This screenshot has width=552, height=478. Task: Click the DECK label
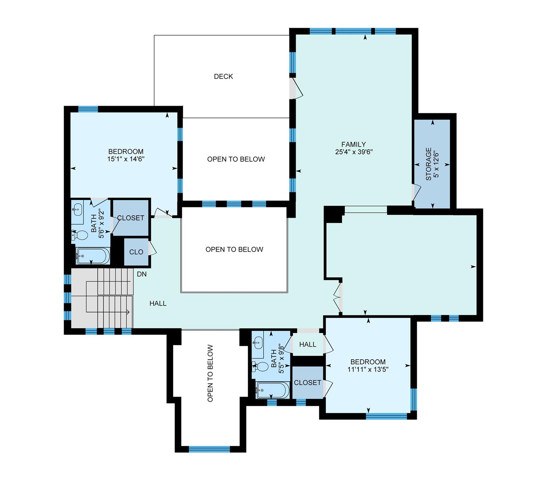pos(223,77)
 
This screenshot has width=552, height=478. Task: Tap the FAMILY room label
pos(353,144)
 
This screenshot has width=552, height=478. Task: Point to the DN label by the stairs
pos(142,274)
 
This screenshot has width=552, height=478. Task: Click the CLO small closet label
pos(136,252)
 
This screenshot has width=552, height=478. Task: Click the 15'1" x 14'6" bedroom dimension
pos(126,159)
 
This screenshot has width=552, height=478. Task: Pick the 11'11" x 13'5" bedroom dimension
pos(368,370)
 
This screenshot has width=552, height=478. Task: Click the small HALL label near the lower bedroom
pos(308,344)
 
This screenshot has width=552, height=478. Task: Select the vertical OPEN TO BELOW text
pos(210,373)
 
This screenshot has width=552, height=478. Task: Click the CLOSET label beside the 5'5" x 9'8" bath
pos(307,383)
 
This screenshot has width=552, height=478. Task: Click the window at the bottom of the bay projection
pos(209,449)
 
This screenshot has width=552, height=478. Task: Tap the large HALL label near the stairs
pos(158,303)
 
